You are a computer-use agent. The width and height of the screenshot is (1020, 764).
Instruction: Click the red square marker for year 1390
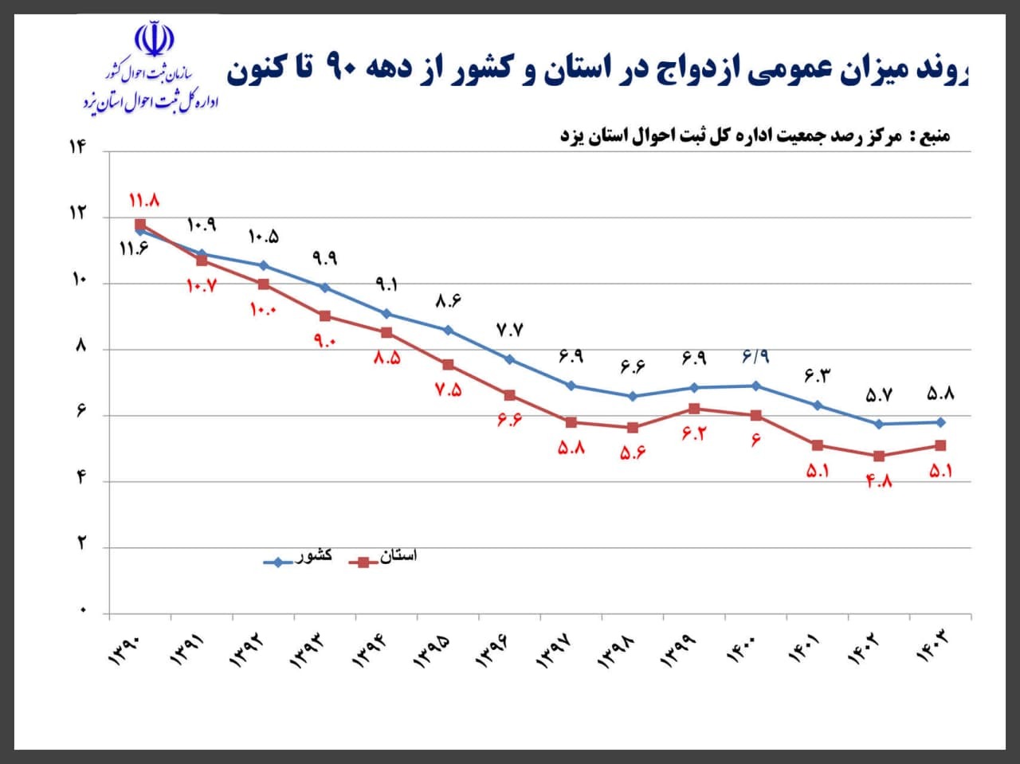click(x=140, y=225)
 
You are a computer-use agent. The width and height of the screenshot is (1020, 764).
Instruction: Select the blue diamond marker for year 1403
click(x=940, y=422)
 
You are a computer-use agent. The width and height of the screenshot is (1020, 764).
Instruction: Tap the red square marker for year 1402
click(x=879, y=456)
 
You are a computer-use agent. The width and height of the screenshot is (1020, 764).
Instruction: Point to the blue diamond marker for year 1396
click(x=510, y=359)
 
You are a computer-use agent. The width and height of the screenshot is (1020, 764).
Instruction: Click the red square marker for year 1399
click(x=694, y=409)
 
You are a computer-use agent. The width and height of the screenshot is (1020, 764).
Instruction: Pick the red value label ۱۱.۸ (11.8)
click(x=144, y=201)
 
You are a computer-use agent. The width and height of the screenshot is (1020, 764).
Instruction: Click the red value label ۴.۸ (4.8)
click(x=878, y=480)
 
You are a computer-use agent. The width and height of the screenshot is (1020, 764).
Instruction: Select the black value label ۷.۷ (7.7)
click(x=509, y=331)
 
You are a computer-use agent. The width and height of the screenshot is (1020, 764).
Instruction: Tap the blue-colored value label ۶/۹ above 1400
click(x=755, y=357)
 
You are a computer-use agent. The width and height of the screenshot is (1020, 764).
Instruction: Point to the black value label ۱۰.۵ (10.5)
click(x=263, y=237)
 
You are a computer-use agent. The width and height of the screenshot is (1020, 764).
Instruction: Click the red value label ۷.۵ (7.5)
click(x=448, y=390)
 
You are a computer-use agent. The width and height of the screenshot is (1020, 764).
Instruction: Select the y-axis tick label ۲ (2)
click(x=80, y=546)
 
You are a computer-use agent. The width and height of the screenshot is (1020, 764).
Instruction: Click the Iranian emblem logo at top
click(x=153, y=38)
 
